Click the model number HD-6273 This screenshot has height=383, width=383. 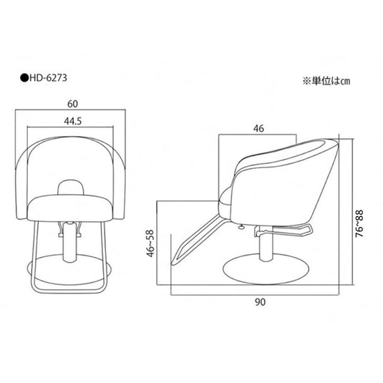pos(48,78)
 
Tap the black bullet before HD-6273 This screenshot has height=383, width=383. pos(24,78)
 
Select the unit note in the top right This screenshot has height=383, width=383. pos(326,81)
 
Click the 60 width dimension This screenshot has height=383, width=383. pos(72,104)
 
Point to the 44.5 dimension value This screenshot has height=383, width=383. pos(73,121)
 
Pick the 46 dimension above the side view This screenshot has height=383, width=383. pos(258,128)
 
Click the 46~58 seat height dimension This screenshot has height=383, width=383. pos(150,243)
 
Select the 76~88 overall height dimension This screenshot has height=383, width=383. pos(359,223)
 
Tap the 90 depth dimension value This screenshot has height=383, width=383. pos(260,302)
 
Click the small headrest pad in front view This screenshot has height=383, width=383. pos(71,188)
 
